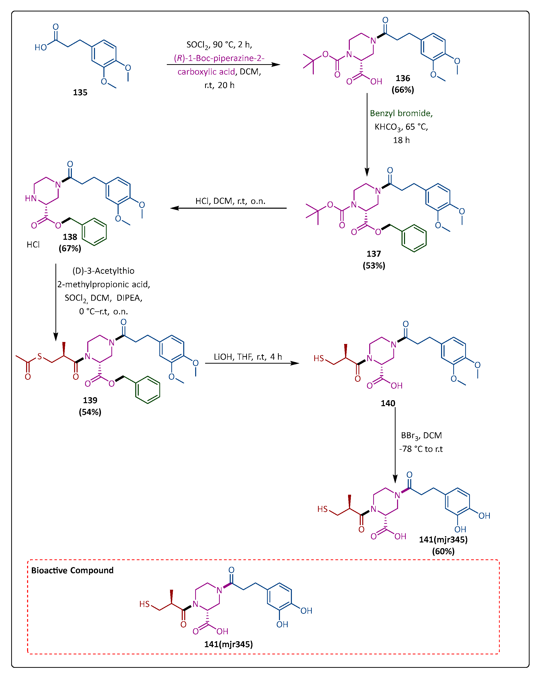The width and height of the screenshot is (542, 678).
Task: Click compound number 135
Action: click(80, 93)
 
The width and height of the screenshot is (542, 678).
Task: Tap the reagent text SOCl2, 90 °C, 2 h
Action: click(219, 45)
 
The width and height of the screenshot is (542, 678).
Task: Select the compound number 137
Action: click(373, 254)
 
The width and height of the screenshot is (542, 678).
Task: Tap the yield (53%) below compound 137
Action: click(374, 266)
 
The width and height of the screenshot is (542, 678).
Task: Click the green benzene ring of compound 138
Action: click(94, 232)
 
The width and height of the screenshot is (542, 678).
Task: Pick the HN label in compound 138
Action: click(31, 198)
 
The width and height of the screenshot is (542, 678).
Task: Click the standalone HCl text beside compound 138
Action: click(33, 245)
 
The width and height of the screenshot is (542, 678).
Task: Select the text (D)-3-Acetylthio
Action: click(103, 271)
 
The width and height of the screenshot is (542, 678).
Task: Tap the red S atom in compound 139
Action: click(40, 356)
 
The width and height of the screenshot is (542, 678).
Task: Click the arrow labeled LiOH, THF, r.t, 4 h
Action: click(252, 363)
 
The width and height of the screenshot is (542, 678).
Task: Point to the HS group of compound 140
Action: click(318, 358)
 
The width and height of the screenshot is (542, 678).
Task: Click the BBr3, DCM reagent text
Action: click(421, 436)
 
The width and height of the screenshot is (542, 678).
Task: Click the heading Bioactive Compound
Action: click(72, 571)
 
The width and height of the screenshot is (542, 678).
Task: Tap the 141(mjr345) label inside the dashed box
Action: click(228, 644)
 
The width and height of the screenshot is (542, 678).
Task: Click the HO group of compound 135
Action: click(41, 48)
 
